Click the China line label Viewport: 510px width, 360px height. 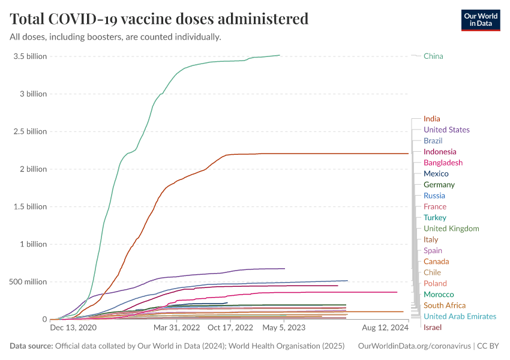433,56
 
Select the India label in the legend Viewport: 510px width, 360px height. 431,119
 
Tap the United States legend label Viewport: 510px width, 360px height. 446,130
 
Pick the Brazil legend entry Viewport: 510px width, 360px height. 433,140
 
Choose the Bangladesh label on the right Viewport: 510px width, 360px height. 443,163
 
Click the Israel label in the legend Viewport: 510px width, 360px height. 433,327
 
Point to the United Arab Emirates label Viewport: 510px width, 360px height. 460,316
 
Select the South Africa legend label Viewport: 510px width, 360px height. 444,305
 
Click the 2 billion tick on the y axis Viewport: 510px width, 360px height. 31,169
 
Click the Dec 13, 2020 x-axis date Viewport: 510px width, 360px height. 73,328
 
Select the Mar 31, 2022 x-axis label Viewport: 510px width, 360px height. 176,328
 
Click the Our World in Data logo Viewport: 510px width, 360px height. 480,20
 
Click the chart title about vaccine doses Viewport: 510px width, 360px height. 159,19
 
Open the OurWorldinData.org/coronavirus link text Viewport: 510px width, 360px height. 413,346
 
